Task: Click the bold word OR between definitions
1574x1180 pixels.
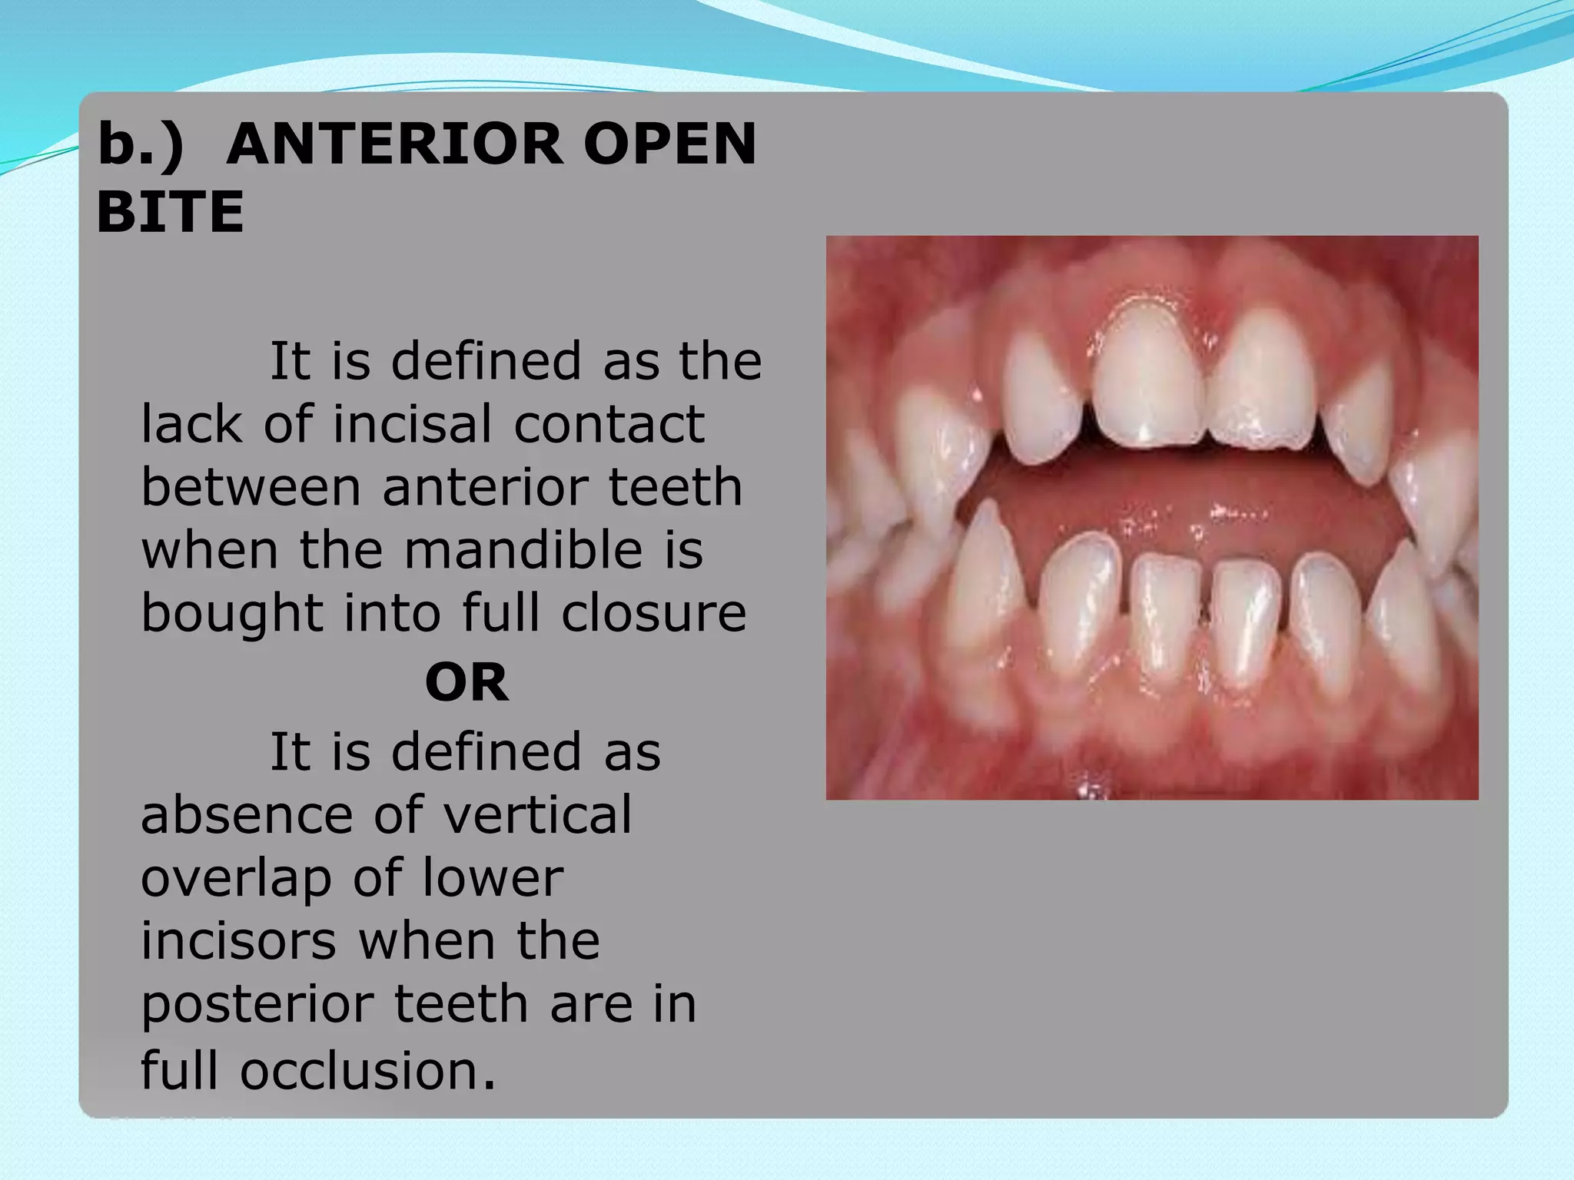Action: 467,682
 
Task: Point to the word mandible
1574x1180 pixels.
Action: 523,550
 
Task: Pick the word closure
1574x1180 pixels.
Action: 653,613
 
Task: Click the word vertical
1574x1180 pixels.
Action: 537,814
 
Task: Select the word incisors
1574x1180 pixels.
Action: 238,940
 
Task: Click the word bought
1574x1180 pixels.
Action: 231,613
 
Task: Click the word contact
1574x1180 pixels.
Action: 608,424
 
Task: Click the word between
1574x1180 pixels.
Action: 250,487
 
